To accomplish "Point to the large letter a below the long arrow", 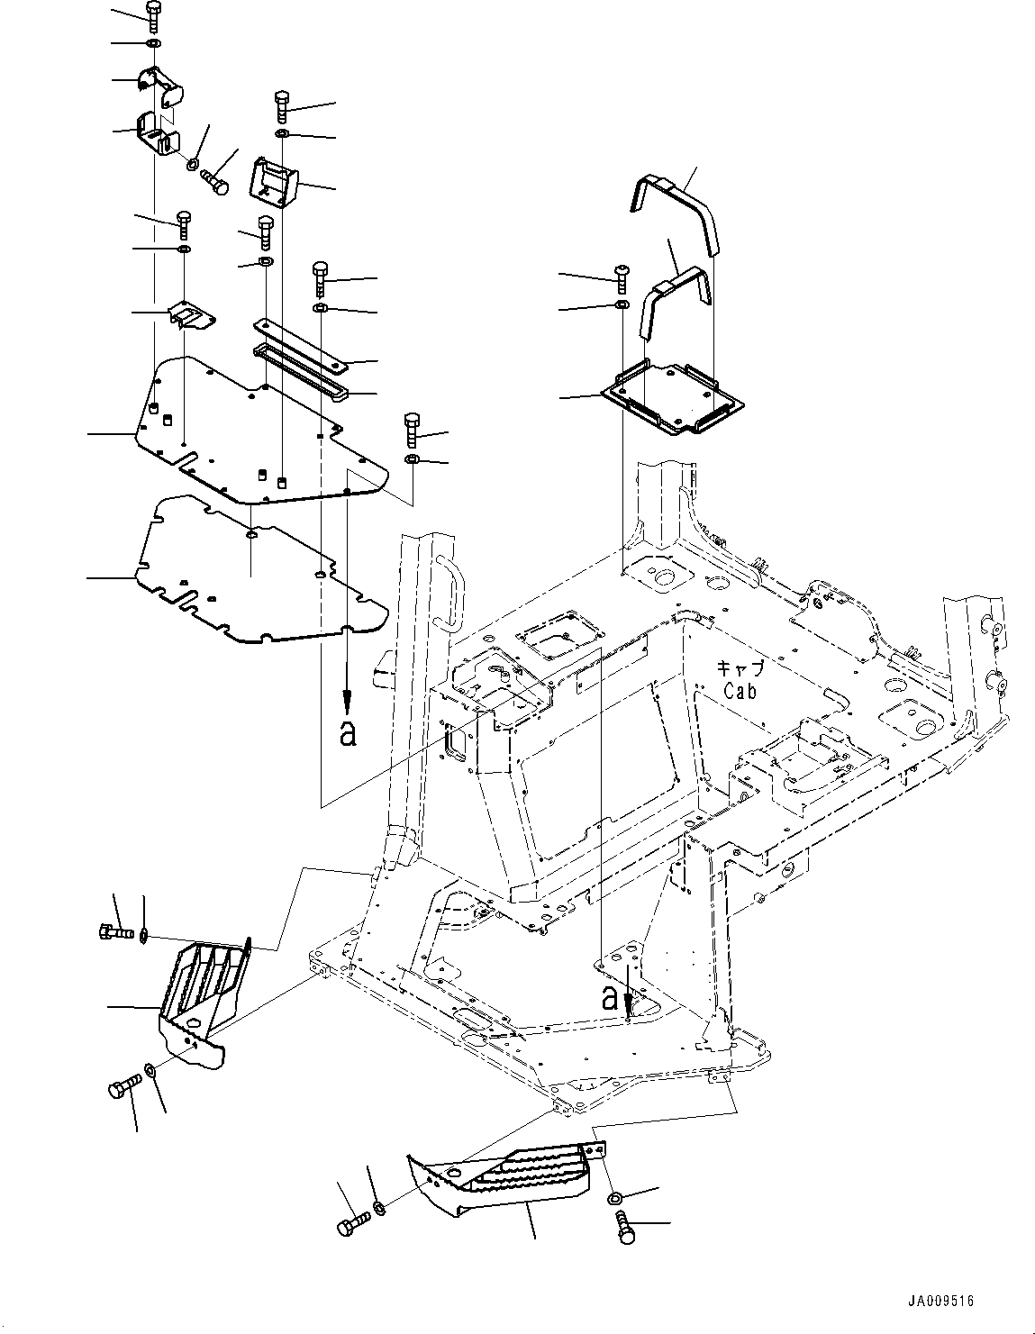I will (x=348, y=734).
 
